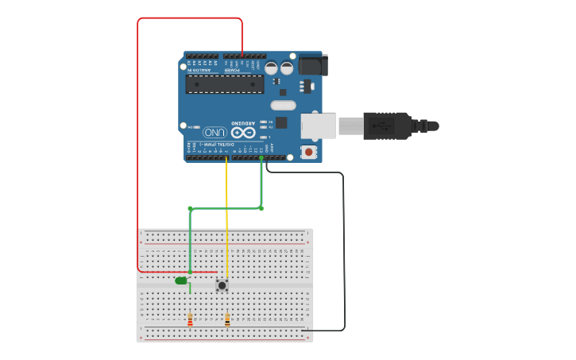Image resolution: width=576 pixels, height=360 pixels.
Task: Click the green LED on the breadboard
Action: [181, 280]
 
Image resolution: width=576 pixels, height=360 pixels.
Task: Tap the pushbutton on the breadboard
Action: [222, 285]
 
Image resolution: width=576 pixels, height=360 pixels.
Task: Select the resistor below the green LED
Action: [190, 319]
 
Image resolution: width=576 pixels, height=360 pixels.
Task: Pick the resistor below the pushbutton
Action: [227, 320]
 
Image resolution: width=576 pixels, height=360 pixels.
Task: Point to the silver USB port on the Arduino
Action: [318, 126]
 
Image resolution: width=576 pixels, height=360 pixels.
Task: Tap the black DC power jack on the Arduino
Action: [311, 64]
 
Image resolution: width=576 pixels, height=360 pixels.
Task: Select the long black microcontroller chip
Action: [224, 83]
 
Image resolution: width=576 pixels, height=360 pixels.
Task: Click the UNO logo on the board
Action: [213, 132]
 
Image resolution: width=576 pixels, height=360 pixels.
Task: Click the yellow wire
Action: [227, 223]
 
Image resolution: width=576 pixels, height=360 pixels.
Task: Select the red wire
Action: [138, 143]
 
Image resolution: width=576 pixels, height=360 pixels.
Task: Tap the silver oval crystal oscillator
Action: [283, 105]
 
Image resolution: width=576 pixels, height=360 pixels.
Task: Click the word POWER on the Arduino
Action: [232, 70]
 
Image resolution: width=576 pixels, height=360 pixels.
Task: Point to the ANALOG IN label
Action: [199, 70]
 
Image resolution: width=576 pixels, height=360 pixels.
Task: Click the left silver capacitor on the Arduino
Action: [272, 68]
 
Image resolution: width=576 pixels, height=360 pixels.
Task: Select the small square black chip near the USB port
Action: [281, 122]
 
